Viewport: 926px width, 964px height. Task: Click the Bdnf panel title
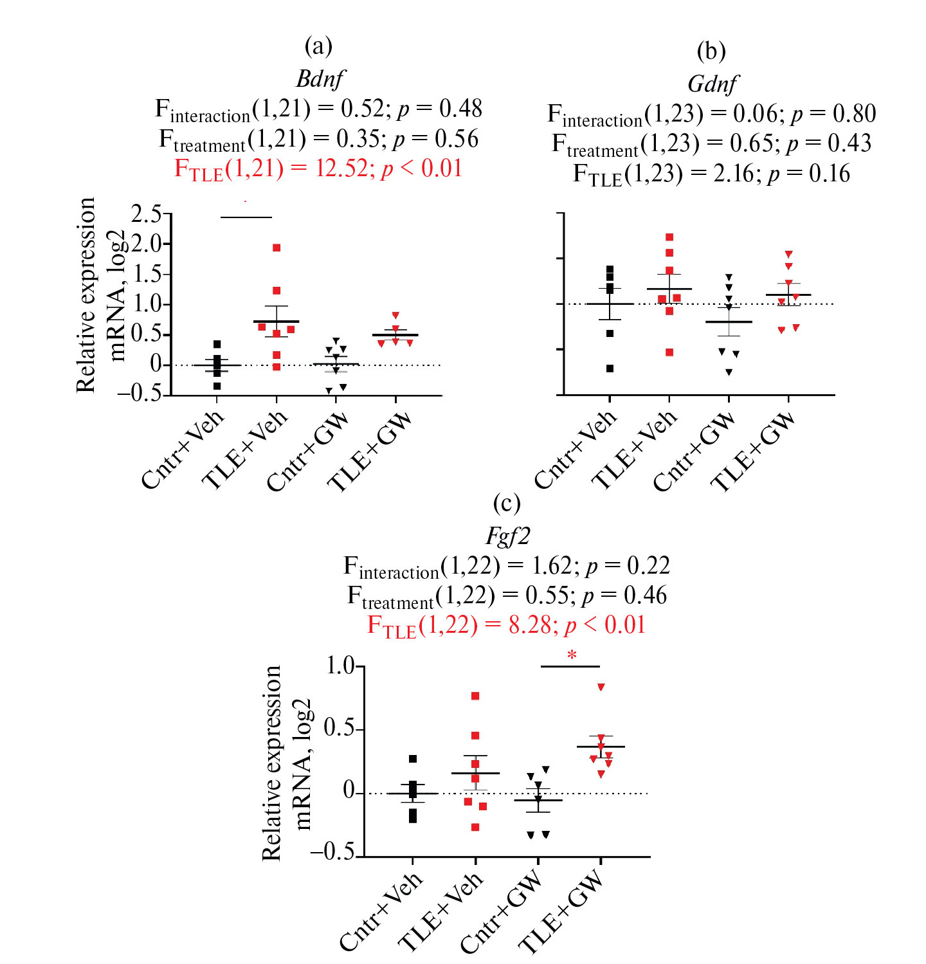[x=320, y=78]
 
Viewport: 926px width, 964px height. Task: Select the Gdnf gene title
[x=713, y=84]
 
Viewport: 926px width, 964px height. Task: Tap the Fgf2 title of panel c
[x=507, y=536]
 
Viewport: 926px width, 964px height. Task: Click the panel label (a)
[x=318, y=46]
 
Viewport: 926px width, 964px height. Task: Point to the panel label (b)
[x=711, y=51]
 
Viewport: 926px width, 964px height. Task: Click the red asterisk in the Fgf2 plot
[x=572, y=656]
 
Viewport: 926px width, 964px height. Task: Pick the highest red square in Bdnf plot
[x=277, y=248]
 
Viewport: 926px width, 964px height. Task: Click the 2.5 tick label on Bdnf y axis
[x=147, y=214]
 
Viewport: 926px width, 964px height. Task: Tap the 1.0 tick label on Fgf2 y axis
[x=340, y=666]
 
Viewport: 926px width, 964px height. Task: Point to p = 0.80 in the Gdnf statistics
[x=833, y=114]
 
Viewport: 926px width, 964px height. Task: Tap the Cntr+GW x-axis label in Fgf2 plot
[x=501, y=911]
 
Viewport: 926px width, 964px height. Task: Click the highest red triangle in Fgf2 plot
[x=601, y=687]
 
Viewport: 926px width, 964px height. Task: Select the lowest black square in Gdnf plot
[x=610, y=368]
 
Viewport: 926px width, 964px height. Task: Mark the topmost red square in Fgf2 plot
[x=475, y=696]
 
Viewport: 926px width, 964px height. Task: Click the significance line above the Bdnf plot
[x=246, y=217]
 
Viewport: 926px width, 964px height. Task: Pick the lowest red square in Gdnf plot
[x=669, y=352]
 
